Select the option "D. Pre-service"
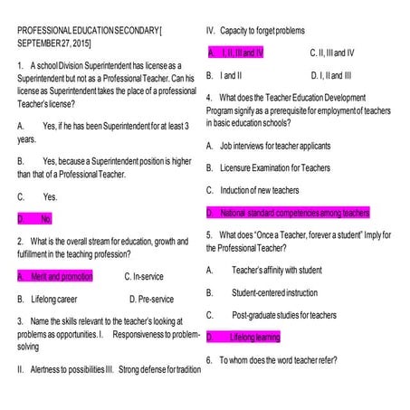click(x=151, y=298)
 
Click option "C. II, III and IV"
click(x=332, y=52)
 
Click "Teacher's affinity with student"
click(x=277, y=270)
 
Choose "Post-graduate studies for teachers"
click(x=284, y=314)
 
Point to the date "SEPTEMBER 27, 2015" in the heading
click(x=54, y=43)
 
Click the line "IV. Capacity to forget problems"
click(x=256, y=31)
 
